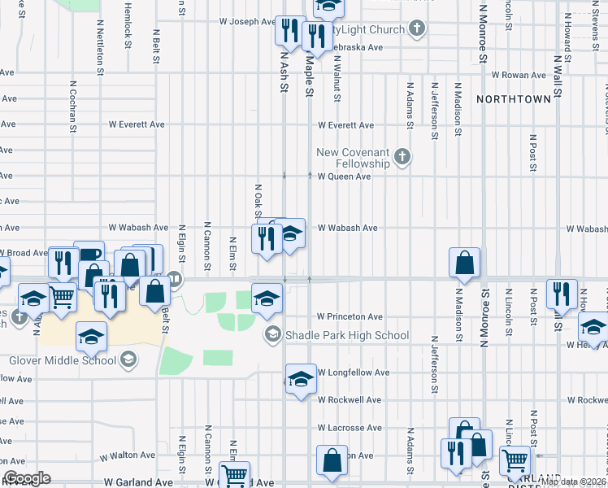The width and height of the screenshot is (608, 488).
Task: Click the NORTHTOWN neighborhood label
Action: (x=514, y=98)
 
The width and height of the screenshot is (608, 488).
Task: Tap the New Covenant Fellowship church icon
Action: (x=402, y=155)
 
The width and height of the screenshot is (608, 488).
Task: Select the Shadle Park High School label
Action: (x=346, y=335)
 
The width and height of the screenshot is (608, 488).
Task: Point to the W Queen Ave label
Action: (x=344, y=176)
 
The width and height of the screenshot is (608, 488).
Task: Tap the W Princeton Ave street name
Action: (x=350, y=316)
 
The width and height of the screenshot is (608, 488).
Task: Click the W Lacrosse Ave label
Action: (x=350, y=428)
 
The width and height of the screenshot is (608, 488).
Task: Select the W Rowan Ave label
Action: (x=519, y=75)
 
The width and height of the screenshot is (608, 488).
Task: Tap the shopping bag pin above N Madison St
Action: (x=464, y=263)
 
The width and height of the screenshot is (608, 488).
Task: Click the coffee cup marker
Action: (x=89, y=254)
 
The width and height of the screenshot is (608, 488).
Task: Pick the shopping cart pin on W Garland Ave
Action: (x=234, y=474)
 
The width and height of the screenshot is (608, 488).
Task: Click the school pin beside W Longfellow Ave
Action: (x=300, y=378)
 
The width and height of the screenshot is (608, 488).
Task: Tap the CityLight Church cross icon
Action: (x=417, y=29)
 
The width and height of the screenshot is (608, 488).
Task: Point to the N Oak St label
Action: (x=258, y=198)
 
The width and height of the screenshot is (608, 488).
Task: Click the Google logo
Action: (x=26, y=478)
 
